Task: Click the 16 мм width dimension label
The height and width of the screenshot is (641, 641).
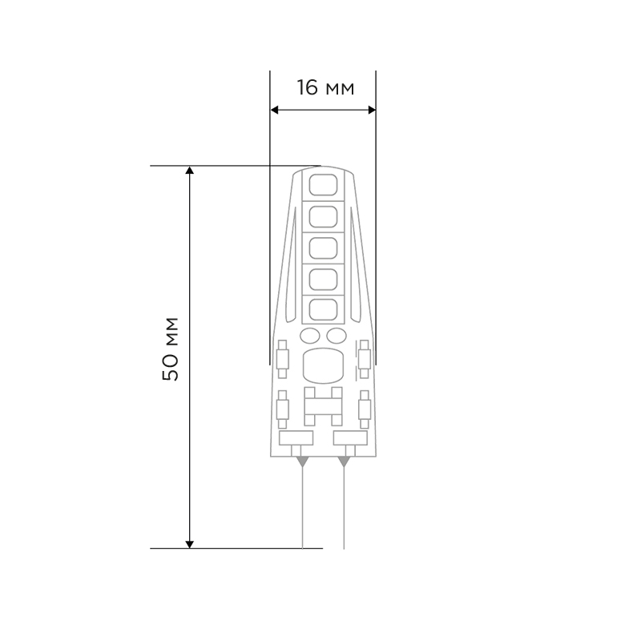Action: coord(325,88)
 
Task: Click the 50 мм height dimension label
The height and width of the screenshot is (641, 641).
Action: coord(171,349)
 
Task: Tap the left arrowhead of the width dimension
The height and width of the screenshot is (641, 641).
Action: coord(274,110)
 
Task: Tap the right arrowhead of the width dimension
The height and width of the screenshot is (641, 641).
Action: coord(372,110)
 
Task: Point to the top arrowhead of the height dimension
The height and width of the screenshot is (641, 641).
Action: coord(189,170)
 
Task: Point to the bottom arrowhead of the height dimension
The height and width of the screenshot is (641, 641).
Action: coord(189,544)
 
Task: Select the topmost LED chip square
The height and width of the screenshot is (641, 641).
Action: coord(323,185)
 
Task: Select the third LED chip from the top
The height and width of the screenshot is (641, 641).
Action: coord(323,248)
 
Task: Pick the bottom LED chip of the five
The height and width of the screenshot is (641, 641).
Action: coord(323,310)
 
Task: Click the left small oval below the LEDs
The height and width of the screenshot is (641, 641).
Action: coord(310,336)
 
